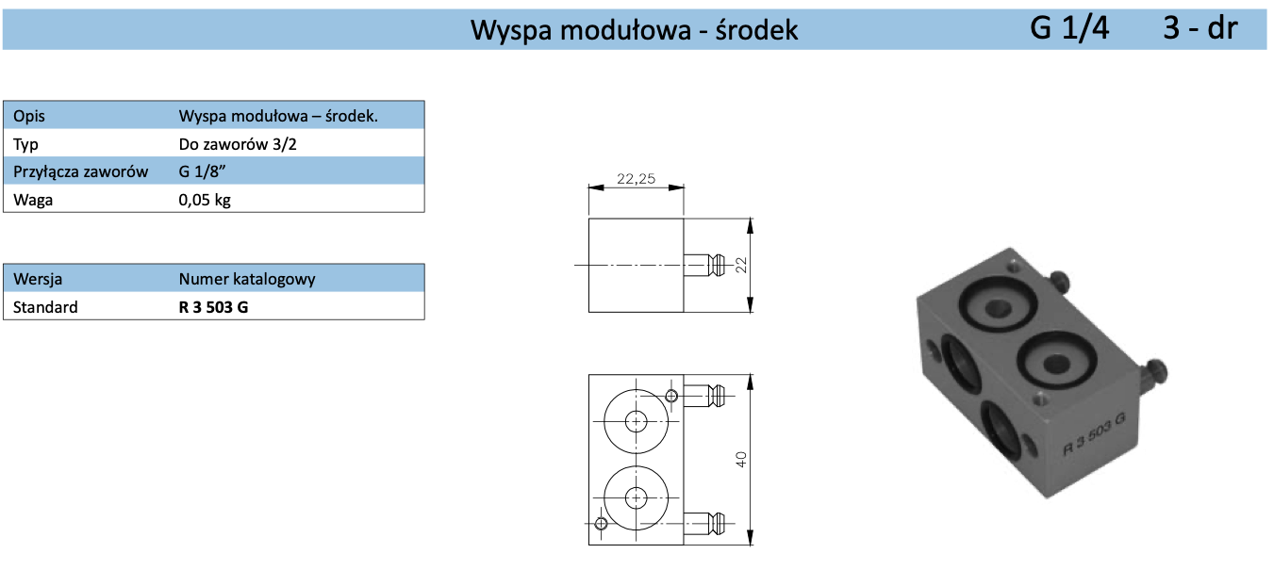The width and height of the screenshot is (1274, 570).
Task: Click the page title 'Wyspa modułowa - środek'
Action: point(634,30)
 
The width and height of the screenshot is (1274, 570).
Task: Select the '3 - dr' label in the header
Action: point(1199,28)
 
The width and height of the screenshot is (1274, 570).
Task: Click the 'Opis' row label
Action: point(29,117)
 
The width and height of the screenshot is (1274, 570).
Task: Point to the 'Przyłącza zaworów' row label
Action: point(81,172)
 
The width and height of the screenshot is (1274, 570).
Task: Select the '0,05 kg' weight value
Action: point(204,200)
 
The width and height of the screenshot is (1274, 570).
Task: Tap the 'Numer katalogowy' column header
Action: point(247,279)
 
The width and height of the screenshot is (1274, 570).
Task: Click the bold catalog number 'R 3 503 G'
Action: point(213,307)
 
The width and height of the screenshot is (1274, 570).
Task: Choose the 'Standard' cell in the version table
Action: point(46,307)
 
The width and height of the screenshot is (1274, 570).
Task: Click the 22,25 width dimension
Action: point(636,179)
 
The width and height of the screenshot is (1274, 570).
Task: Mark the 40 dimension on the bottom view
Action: point(741,459)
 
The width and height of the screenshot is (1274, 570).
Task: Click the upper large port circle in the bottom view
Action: point(637,419)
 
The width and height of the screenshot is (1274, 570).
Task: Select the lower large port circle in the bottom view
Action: point(637,497)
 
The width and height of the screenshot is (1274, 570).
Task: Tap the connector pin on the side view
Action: point(704,265)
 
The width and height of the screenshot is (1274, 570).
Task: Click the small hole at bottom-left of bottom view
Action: point(601,523)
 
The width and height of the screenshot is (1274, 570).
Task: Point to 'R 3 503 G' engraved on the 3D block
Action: point(1093,432)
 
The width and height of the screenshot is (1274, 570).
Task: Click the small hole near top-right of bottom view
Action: point(671,395)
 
